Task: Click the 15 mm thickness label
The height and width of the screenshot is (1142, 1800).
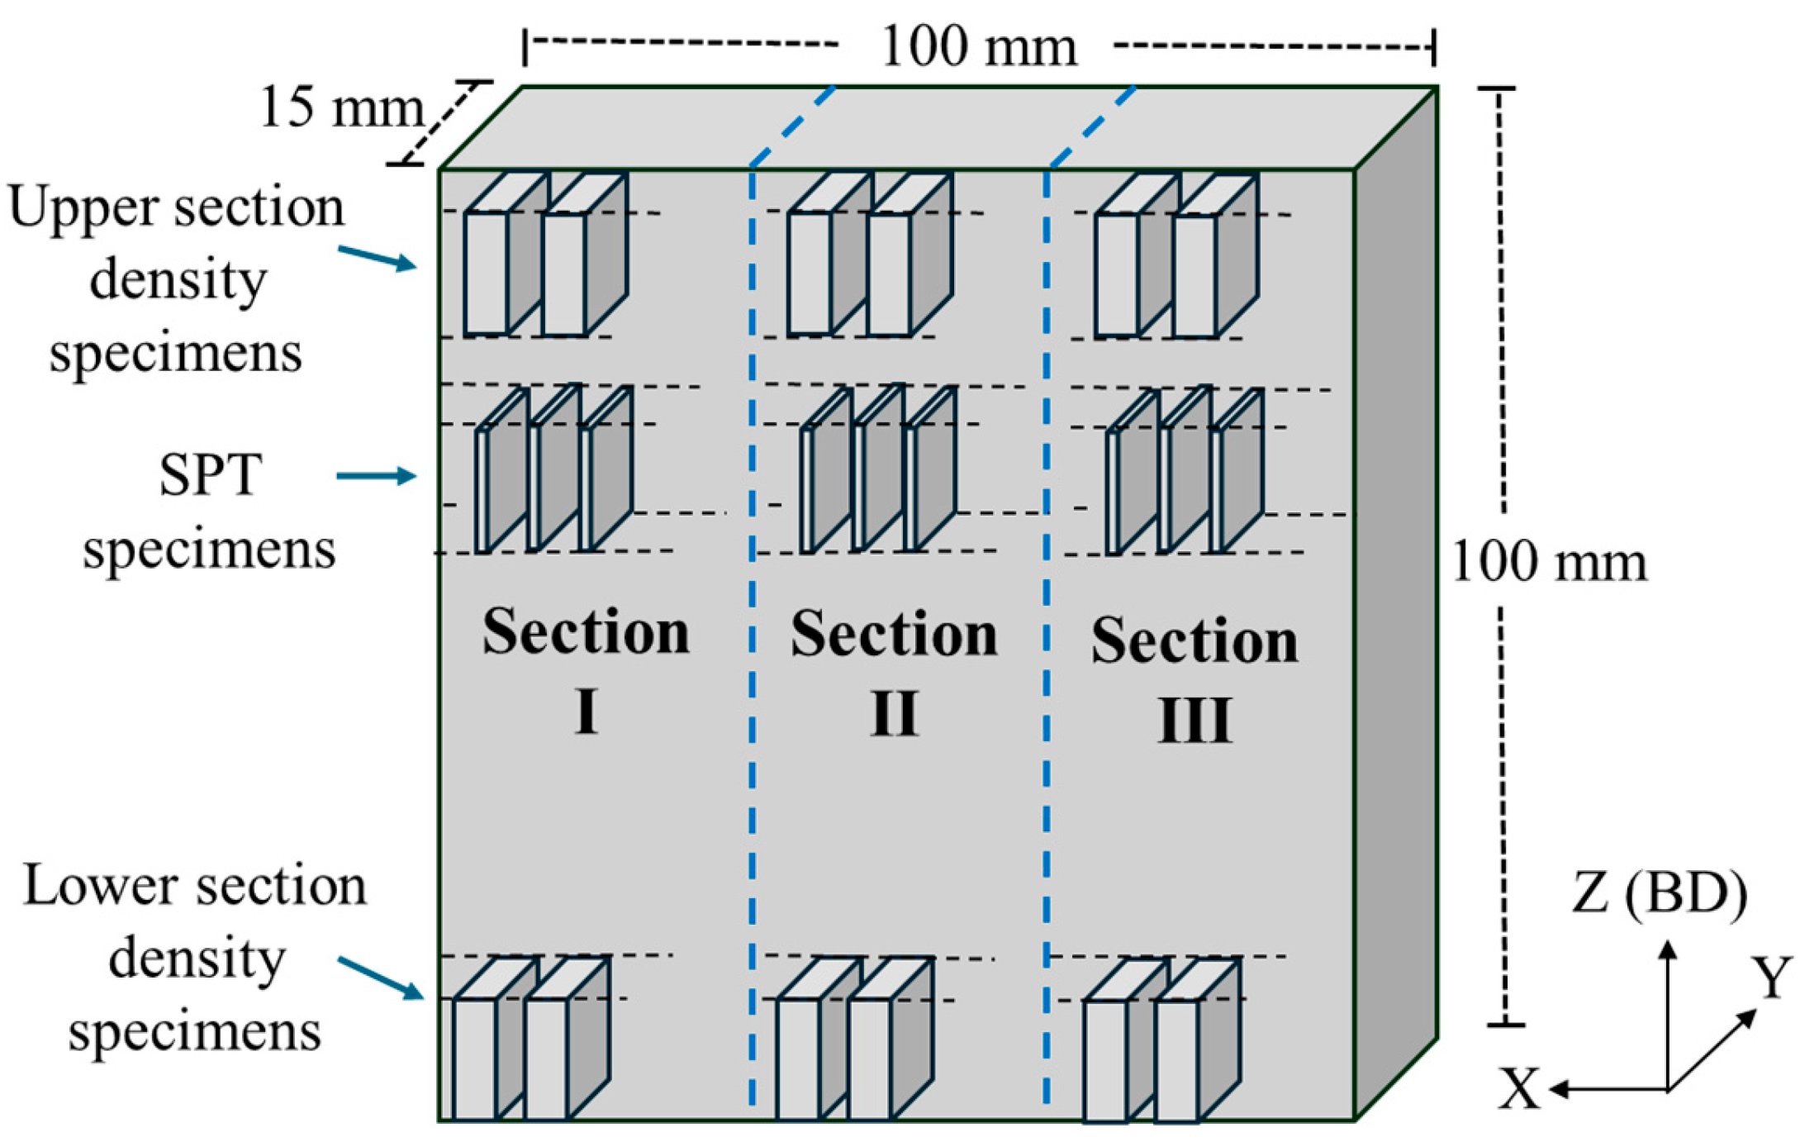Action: pyautogui.click(x=340, y=107)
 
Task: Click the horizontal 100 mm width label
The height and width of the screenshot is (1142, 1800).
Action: pyautogui.click(x=979, y=47)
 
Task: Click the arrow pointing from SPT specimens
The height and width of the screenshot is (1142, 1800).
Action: pyautogui.click(x=376, y=476)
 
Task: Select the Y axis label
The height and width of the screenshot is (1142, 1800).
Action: pyautogui.click(x=1772, y=978)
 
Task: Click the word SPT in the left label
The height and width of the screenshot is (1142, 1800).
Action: pyautogui.click(x=210, y=475)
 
